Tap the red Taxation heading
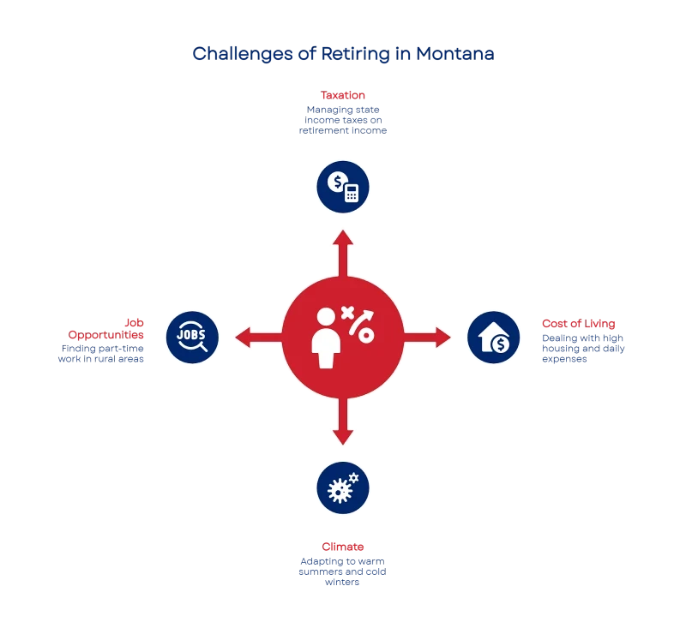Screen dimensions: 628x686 (x=343, y=95)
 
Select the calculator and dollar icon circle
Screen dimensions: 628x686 (x=343, y=186)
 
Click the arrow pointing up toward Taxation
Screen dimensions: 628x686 (x=343, y=248)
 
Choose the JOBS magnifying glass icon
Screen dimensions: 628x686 (x=192, y=337)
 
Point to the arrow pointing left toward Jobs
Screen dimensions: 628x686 (x=253, y=337)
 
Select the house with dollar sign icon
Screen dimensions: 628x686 (x=493, y=337)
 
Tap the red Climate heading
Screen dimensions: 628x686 (x=343, y=546)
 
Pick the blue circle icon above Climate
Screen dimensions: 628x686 (x=343, y=487)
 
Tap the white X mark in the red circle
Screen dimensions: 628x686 (x=348, y=312)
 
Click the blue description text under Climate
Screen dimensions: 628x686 (x=343, y=571)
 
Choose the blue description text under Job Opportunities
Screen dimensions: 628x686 (x=100, y=354)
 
